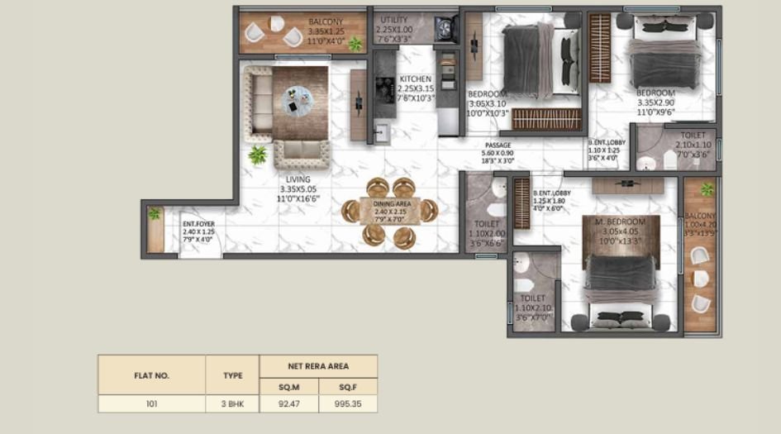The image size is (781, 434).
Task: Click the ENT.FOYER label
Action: click(198, 223)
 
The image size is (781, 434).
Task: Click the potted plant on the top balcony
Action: click(355, 43)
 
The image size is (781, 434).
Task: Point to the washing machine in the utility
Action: click(447, 26)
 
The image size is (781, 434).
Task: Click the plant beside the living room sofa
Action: click(258, 155)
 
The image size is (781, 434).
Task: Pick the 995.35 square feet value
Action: click(348, 404)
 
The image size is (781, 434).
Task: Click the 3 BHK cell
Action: click(232, 404)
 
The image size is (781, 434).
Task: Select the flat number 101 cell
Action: click(151, 404)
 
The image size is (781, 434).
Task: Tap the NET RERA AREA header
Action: click(318, 365)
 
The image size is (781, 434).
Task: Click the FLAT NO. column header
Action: click(151, 375)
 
